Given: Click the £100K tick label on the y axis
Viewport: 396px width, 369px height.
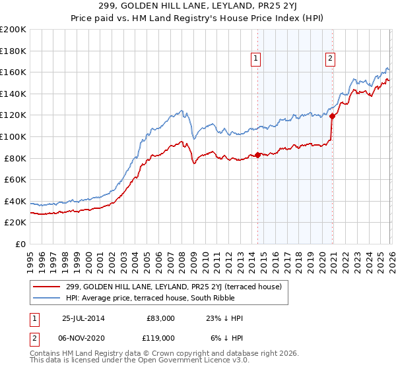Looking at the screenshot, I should click(13, 136).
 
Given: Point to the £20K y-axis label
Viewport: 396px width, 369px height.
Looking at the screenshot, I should click(15, 223).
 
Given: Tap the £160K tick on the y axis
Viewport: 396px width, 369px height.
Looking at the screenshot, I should click(13, 72).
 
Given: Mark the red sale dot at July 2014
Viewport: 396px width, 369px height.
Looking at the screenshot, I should click(257, 156).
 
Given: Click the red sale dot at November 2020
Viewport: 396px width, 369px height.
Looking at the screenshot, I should click(332, 117).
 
